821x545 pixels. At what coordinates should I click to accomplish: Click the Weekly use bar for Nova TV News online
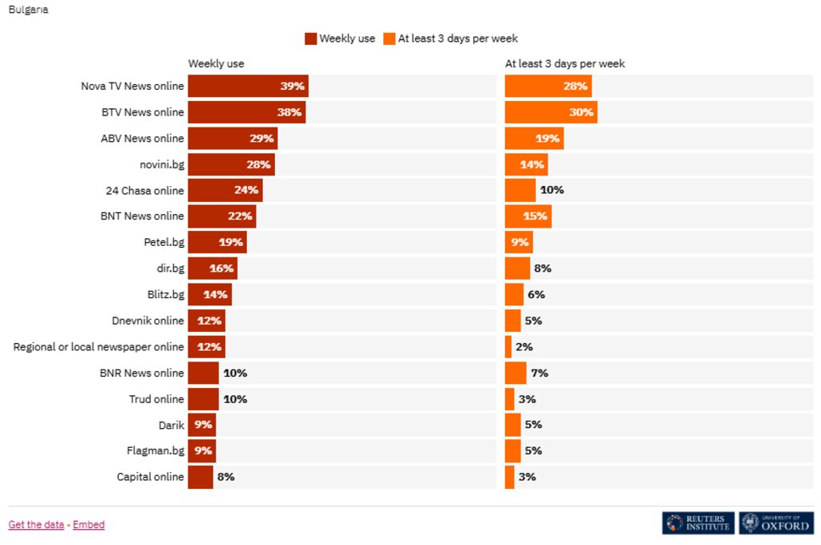248,87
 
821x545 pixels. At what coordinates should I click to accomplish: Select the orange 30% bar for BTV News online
551,112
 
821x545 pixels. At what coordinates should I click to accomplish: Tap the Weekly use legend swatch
311,38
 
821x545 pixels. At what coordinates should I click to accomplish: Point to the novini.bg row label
161,165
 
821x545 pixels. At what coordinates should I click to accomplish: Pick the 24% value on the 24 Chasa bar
246,191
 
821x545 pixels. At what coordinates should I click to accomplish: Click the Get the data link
36,525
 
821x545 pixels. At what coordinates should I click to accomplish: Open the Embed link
88,525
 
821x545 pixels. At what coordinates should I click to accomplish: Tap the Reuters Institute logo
698,523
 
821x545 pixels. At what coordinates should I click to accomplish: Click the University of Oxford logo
775,523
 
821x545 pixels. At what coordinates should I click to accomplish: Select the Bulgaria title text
28,10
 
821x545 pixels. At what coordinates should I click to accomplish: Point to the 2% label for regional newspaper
524,347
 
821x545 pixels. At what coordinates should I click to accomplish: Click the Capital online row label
150,477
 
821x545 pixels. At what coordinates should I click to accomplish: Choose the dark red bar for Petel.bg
217,243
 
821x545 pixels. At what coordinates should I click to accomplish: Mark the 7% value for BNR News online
539,373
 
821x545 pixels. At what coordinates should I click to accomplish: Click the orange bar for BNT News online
528,216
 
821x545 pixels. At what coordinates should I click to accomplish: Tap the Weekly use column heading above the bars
216,63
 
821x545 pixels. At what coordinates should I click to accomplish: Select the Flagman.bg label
155,451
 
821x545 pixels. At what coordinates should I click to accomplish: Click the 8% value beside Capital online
225,477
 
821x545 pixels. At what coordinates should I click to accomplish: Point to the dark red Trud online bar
203,399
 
